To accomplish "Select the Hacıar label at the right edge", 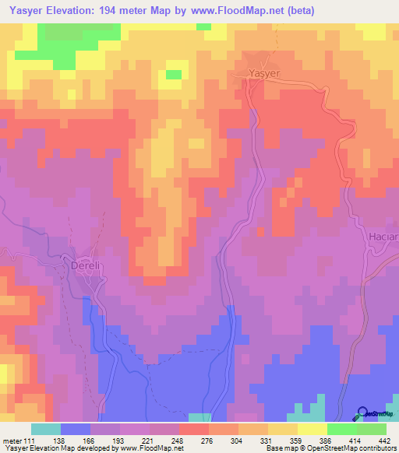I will click(x=382, y=237).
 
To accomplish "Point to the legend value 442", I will click(x=385, y=440).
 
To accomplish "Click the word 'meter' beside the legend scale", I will click(x=11, y=440).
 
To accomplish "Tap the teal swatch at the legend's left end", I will click(x=46, y=429).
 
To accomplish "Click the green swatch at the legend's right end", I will click(x=371, y=429).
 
